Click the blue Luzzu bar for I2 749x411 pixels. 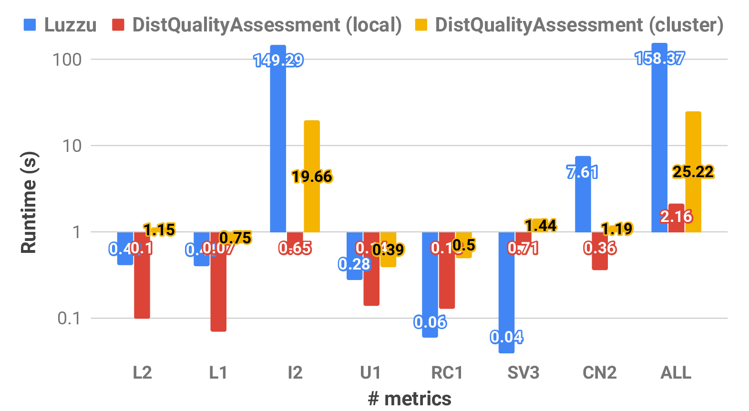click(x=278, y=143)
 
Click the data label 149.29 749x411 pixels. click(x=278, y=60)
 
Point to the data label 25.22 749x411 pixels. click(x=693, y=172)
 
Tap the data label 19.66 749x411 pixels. click(x=312, y=177)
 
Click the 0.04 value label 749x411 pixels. click(x=506, y=337)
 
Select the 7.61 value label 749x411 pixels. click(x=582, y=172)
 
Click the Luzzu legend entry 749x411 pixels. click(x=61, y=25)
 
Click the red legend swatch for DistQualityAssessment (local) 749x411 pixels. click(x=118, y=25)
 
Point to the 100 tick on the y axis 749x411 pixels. click(x=67, y=60)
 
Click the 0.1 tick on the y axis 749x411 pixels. click(x=70, y=318)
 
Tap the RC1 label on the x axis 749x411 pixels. click(x=447, y=372)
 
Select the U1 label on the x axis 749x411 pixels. click(x=370, y=372)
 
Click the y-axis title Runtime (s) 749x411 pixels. click(x=29, y=202)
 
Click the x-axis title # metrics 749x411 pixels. click(x=410, y=399)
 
